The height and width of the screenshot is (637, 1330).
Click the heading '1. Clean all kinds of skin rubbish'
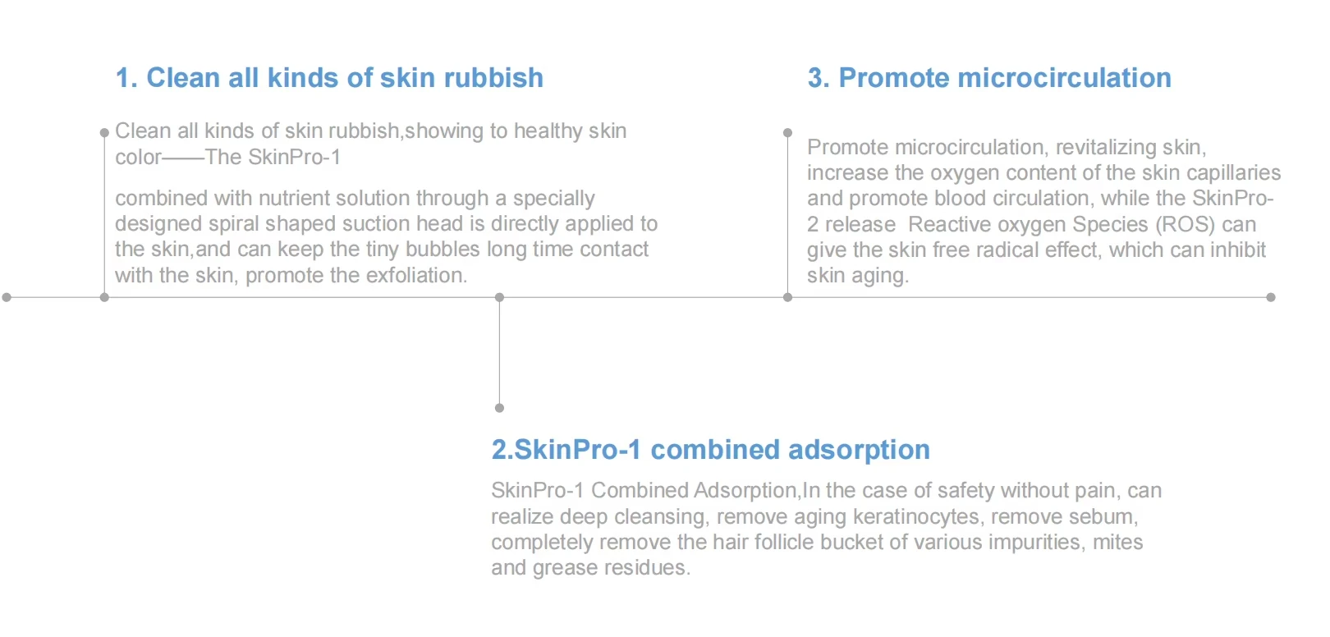tap(329, 78)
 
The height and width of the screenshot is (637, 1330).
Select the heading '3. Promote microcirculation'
tap(989, 78)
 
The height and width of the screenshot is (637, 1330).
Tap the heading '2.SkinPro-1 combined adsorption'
tap(711, 449)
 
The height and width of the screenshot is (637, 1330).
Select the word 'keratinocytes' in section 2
tap(916, 516)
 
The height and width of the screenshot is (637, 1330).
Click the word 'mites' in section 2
tap(1118, 542)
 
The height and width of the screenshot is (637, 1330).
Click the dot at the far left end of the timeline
tap(7, 297)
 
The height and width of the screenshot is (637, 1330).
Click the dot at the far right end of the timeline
tap(1271, 297)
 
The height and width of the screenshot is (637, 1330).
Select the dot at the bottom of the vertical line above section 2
tap(499, 408)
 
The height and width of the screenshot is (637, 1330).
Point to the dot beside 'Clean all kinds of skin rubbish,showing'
tap(104, 132)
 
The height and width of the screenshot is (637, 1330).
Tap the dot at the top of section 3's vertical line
tap(787, 132)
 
